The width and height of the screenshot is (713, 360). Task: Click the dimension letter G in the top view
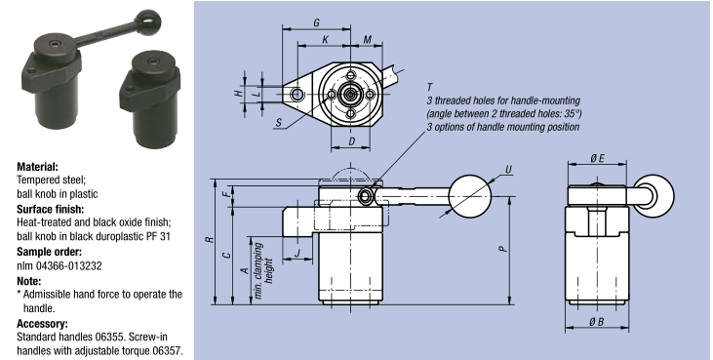[316, 22]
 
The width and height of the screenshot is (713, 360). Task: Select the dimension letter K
[326, 40]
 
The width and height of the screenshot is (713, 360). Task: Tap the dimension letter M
[368, 40]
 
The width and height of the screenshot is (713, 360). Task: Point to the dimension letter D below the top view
[351, 141]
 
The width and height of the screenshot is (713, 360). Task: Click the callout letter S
[279, 122]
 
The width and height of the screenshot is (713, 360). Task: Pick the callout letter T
[430, 87]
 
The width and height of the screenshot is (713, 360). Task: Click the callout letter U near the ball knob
[509, 170]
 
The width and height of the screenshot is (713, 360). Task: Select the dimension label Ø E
[598, 158]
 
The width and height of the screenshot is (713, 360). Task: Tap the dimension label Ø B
[597, 322]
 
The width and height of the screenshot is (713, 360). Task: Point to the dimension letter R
[210, 239]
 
